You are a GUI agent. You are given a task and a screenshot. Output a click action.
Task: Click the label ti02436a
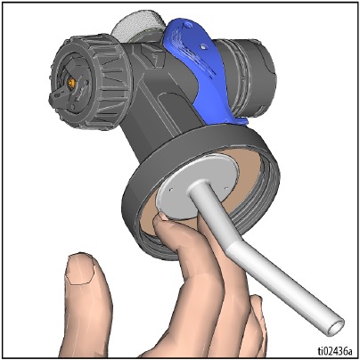335,351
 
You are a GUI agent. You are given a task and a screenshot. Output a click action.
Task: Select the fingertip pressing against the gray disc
161,220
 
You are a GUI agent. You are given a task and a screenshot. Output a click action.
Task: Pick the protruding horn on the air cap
56,96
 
